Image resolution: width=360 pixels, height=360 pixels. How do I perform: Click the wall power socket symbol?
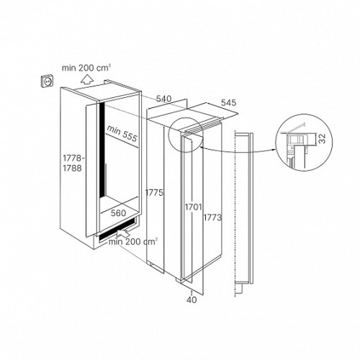(x=48, y=81)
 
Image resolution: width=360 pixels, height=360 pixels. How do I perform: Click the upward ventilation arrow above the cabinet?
(x=86, y=79)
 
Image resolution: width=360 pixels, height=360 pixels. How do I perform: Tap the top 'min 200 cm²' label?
(x=86, y=68)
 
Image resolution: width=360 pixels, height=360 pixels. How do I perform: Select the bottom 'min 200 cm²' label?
(x=133, y=241)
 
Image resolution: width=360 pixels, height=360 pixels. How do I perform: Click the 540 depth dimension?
(x=164, y=99)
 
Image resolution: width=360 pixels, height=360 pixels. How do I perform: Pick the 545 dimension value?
(x=228, y=102)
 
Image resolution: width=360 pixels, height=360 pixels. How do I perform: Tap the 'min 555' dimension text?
(x=122, y=133)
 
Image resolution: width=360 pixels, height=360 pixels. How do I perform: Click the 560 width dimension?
(x=118, y=213)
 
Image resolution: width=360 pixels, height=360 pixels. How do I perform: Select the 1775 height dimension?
(x=154, y=192)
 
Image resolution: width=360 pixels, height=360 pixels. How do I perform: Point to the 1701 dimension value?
(x=193, y=207)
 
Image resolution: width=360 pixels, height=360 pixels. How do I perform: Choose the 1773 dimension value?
(x=212, y=217)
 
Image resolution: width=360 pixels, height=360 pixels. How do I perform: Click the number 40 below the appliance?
(x=192, y=300)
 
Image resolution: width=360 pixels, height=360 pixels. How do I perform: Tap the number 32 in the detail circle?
(x=323, y=139)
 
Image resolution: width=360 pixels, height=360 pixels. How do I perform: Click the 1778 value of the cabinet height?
(x=73, y=158)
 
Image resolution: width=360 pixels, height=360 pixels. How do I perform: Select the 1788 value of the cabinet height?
(x=72, y=168)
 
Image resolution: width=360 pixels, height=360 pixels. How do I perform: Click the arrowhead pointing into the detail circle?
(x=274, y=150)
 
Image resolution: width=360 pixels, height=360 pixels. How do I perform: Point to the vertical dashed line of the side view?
(x=235, y=214)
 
